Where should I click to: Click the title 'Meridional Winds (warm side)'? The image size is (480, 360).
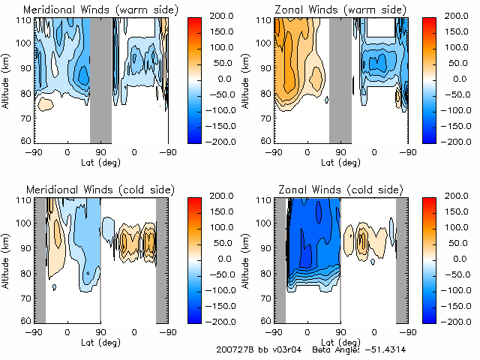(91, 10)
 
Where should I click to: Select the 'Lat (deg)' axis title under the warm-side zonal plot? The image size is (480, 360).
(339, 160)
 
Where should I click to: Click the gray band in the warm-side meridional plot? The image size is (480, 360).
(100, 79)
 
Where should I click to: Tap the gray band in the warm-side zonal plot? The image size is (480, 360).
(340, 79)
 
